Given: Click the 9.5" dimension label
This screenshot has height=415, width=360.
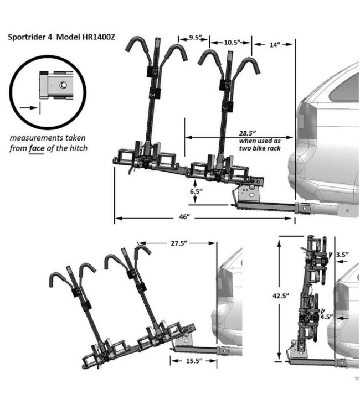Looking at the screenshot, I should pos(194,38).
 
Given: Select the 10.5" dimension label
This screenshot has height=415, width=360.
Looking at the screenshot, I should pos(232,42).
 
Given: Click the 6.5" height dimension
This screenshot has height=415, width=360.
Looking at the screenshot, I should pos(195,191).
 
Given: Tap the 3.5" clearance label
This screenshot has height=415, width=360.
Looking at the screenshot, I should pos(342,255).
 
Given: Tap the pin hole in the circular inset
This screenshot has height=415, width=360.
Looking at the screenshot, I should pos(63,85).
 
